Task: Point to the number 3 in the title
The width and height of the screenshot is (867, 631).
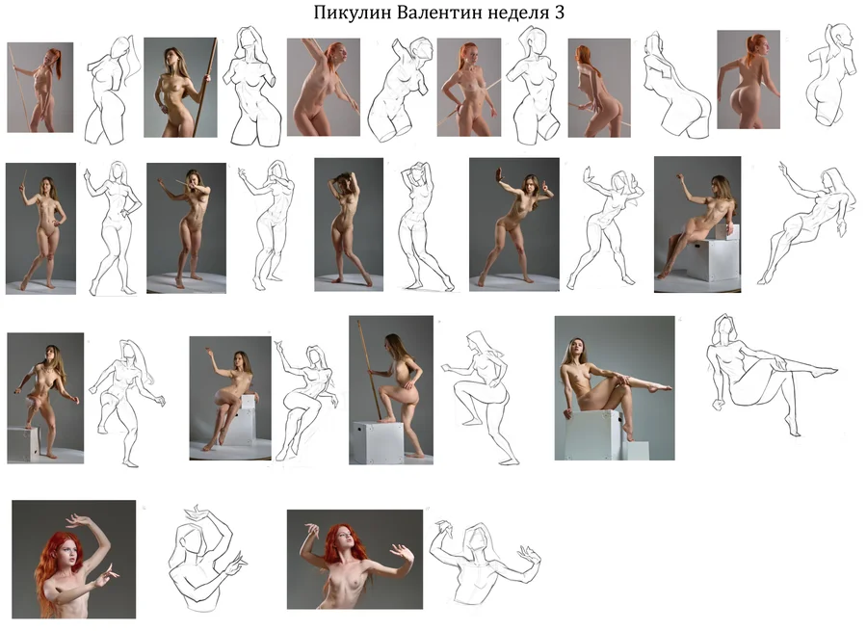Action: coord(559,13)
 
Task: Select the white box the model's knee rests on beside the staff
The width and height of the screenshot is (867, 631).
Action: coord(379,442)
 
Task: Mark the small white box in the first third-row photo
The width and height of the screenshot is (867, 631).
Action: coord(23,444)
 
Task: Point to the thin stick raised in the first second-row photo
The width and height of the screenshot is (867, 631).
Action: coord(24,178)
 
